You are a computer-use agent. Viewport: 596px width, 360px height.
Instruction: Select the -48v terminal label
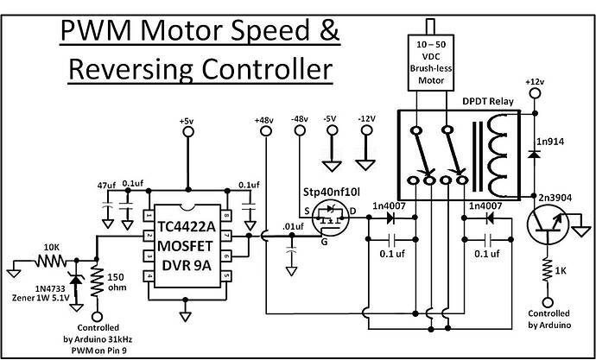tap(300, 118)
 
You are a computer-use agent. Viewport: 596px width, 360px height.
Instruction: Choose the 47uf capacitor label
tap(106, 184)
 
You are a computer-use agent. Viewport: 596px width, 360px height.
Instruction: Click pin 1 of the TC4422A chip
tap(149, 214)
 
